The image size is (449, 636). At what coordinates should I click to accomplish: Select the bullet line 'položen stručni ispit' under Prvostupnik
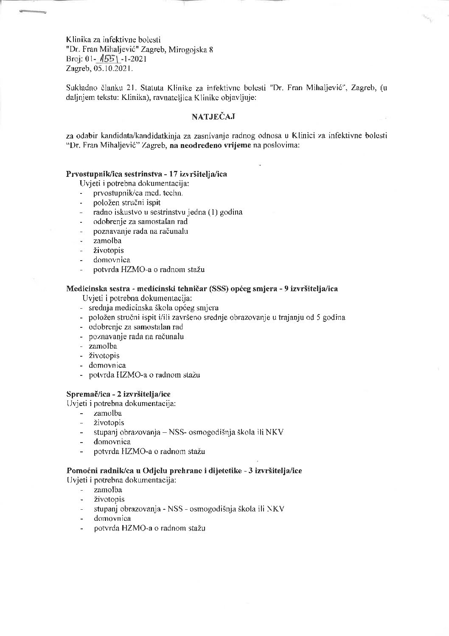(127, 202)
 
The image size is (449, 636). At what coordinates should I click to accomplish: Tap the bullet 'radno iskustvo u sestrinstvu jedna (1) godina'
(168, 212)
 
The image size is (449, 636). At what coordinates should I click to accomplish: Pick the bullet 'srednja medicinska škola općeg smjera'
(154, 307)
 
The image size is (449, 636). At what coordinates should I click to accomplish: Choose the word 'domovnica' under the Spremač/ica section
(112, 442)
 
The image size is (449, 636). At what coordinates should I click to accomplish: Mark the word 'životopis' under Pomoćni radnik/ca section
(109, 499)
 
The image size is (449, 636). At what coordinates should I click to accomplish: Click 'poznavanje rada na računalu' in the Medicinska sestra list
(136, 336)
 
